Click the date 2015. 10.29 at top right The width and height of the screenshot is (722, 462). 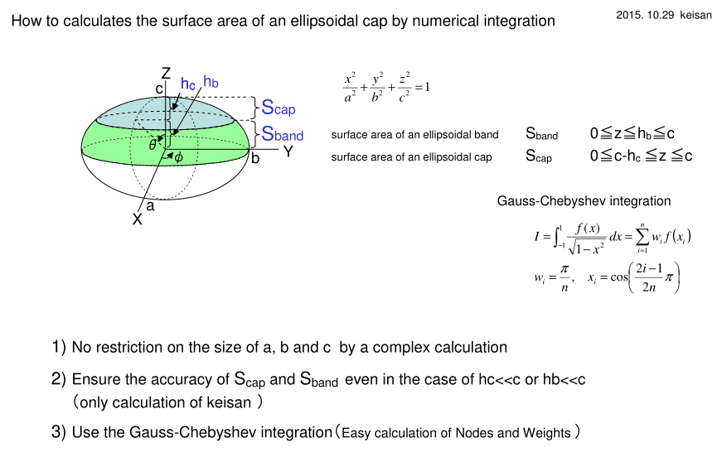[x=645, y=15]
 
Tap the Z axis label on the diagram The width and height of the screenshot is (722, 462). [x=166, y=73]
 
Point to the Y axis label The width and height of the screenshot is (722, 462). [x=288, y=152]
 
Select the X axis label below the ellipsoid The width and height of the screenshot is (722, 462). [x=138, y=219]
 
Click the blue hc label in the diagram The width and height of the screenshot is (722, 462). [x=188, y=84]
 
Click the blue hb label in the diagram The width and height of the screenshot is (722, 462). [x=211, y=81]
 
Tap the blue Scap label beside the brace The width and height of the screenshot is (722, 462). [x=279, y=108]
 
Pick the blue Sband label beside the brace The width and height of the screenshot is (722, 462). [x=283, y=134]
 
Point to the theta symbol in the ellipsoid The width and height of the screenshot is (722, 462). [x=153, y=145]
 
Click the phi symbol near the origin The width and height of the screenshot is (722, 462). [x=178, y=157]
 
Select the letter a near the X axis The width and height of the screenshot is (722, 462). [x=150, y=206]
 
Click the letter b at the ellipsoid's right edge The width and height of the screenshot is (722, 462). [x=255, y=158]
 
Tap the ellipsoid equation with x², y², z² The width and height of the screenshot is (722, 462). [x=386, y=87]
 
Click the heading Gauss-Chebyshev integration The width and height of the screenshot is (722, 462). [x=584, y=201]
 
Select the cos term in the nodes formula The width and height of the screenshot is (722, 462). [x=619, y=277]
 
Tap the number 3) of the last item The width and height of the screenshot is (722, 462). [x=59, y=432]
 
